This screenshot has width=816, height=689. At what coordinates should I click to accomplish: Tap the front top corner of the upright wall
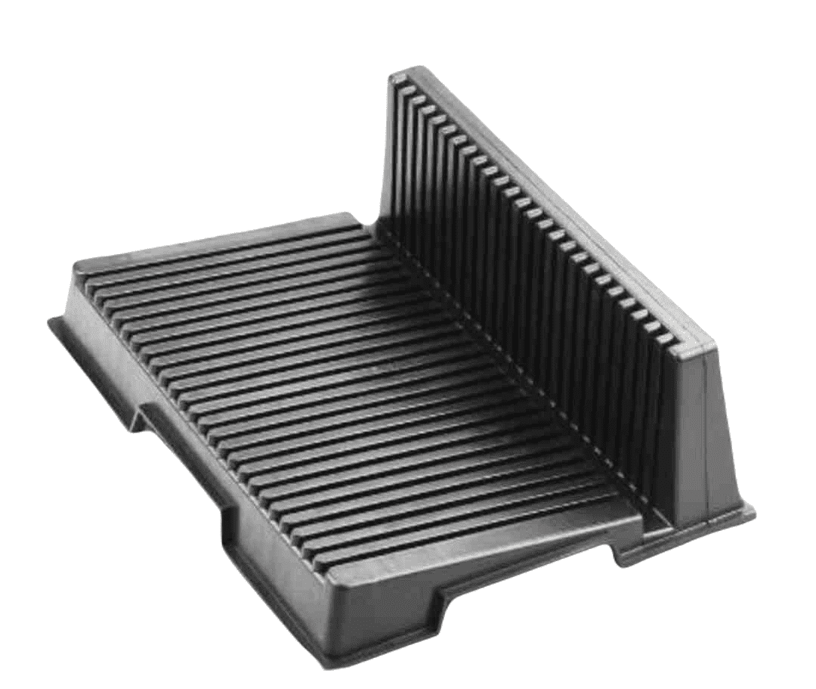710,344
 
